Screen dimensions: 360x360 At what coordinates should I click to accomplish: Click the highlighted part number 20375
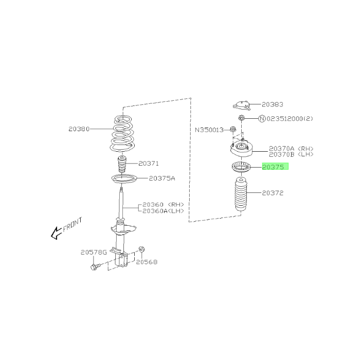273,167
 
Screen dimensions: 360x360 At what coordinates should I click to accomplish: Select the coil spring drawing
122,133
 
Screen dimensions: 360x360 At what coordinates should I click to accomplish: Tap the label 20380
79,129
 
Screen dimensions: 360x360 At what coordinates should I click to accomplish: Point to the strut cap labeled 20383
242,105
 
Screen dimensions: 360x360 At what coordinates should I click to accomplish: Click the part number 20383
273,104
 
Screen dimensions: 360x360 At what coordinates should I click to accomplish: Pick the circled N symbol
262,118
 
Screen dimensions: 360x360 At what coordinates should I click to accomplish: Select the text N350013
209,130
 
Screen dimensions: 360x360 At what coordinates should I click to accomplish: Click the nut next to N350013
233,130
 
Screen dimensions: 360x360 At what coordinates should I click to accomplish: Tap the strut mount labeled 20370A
242,149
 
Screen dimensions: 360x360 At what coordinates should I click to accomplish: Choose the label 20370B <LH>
291,154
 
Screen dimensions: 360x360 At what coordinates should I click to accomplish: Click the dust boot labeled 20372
241,194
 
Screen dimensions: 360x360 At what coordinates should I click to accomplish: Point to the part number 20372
273,193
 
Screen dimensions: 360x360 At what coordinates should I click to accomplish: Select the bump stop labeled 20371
122,165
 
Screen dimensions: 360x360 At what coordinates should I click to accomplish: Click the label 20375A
162,178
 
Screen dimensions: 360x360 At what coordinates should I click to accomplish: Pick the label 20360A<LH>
163,211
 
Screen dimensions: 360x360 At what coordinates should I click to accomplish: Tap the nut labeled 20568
141,249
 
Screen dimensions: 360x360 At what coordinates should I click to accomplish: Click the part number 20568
147,262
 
